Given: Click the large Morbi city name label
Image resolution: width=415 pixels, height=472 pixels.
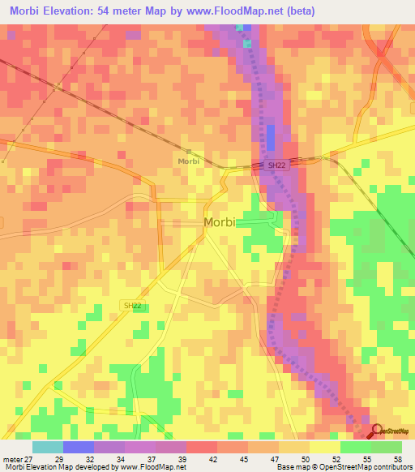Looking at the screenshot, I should pos(218,222).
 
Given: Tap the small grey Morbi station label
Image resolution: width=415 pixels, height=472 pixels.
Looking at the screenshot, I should pos(188,161).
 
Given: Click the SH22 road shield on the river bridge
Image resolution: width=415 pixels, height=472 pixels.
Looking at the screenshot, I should pos(277,165).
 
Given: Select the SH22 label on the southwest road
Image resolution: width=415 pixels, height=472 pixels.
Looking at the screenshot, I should pos(133,305).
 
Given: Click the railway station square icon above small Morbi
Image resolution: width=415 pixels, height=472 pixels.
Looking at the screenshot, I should pos(188,151).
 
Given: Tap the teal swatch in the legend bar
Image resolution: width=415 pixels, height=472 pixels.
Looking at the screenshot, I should pos(48,447).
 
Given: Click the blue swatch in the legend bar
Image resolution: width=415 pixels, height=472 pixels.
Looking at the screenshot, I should pos(79,447).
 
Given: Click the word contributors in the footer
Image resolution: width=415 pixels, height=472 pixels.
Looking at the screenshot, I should pos(388,467).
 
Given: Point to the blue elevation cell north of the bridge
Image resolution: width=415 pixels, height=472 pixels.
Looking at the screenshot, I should pos(271,137).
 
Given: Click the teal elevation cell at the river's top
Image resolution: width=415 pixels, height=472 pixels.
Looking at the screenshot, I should pos(240,28).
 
